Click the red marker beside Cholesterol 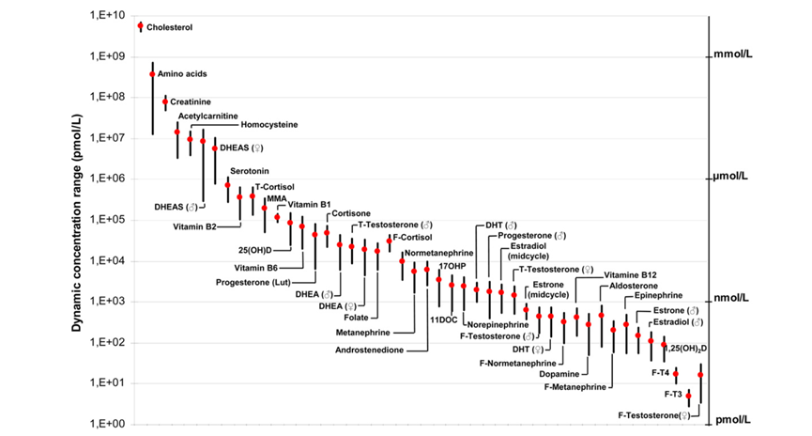pyautogui.click(x=140, y=26)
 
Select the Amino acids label pyautogui.click(x=182, y=73)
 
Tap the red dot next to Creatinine pyautogui.click(x=165, y=101)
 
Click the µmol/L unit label pyautogui.click(x=732, y=176)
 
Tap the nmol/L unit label pyautogui.click(x=732, y=299)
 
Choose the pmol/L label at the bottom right pyautogui.click(x=732, y=421)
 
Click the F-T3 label pyautogui.click(x=672, y=395)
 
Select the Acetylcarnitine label pyautogui.click(x=207, y=116)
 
